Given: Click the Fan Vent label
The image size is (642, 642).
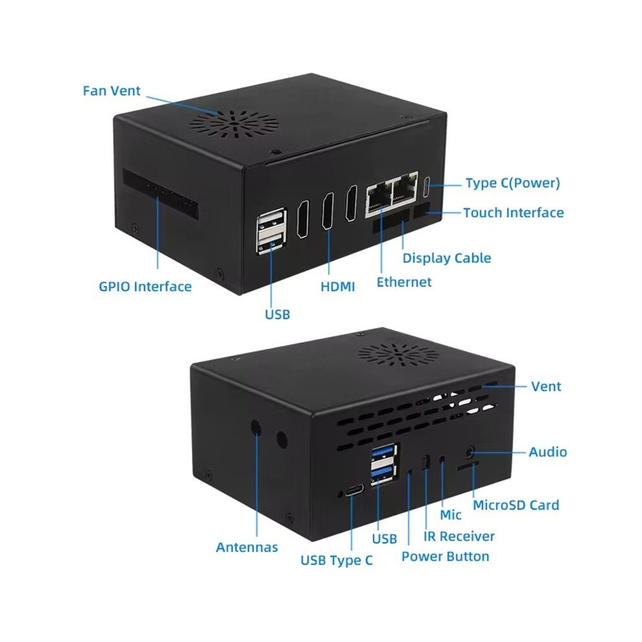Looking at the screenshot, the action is [x=112, y=91].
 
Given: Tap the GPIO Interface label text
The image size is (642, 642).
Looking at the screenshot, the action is [x=145, y=287].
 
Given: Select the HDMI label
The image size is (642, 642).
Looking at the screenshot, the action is [x=337, y=287].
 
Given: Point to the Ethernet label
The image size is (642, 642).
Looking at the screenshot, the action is [x=404, y=282].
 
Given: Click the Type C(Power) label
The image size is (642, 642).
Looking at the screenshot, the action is [x=512, y=183].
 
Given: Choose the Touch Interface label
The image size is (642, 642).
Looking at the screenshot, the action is [x=514, y=213].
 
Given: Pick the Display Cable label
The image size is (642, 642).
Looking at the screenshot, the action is [x=447, y=258].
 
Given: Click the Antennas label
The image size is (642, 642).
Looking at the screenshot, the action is [x=247, y=547].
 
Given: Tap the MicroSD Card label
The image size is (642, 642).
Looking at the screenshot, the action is [x=516, y=505].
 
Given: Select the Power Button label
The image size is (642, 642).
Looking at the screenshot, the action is [x=445, y=556].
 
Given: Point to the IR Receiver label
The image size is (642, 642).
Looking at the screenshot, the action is [x=459, y=536].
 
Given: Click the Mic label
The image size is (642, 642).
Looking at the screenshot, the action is [x=451, y=515].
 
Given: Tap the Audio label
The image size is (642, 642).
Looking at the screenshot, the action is [x=548, y=452].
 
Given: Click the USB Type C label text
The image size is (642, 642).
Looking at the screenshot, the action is [x=337, y=560].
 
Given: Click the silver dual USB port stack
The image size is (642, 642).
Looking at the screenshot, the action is [x=271, y=231].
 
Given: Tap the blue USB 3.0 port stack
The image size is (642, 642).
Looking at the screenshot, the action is [x=384, y=464].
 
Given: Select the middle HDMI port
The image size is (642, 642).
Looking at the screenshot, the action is [x=328, y=211].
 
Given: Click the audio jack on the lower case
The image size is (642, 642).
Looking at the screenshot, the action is [x=470, y=453].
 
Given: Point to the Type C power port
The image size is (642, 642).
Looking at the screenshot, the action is [x=427, y=187].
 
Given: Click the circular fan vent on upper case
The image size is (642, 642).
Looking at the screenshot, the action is [x=234, y=124].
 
